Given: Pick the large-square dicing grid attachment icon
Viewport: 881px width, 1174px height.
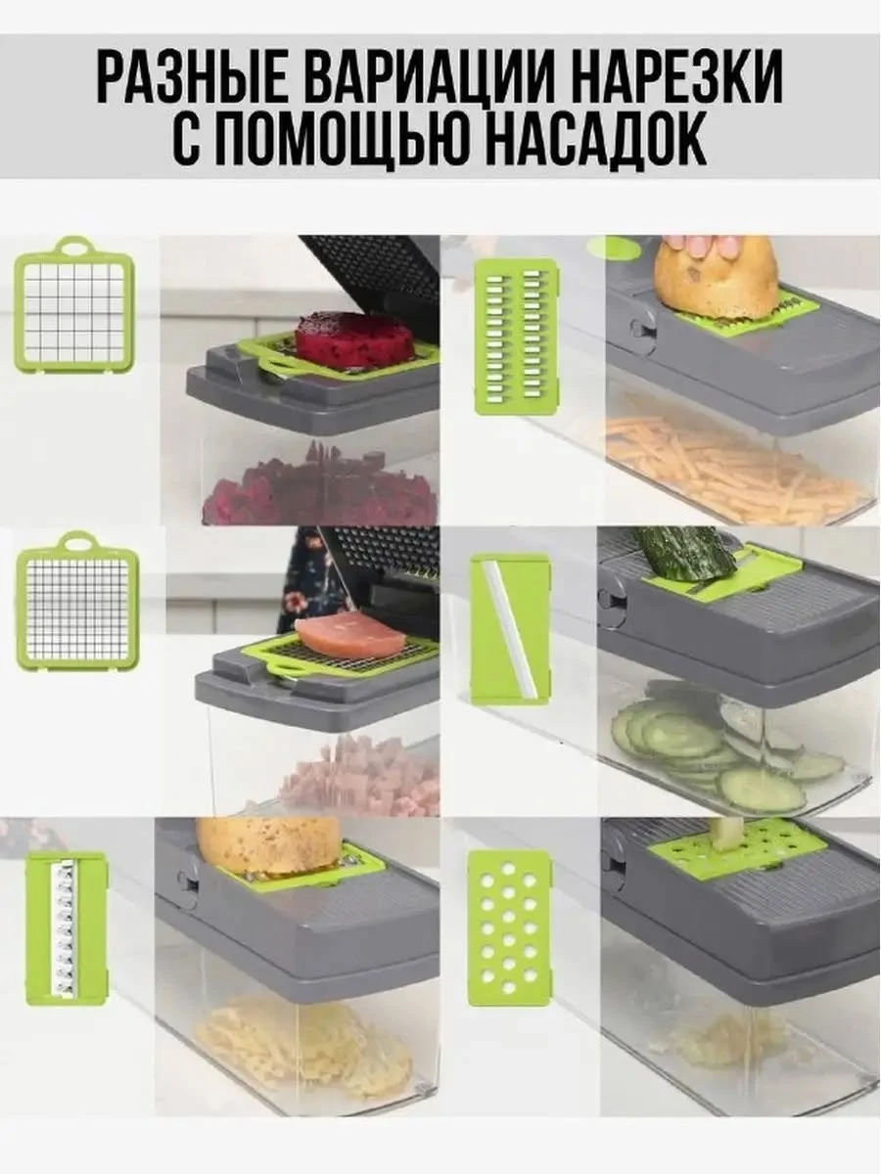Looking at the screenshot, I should point(74,305).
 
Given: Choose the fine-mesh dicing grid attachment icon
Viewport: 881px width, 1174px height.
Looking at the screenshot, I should point(75,601).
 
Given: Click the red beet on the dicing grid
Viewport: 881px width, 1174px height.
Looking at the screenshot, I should point(354,339).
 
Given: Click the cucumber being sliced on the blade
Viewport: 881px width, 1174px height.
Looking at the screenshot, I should point(685,552).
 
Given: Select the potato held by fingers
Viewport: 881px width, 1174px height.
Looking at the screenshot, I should point(715,280).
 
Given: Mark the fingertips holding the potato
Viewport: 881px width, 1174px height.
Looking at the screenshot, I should point(700,245).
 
